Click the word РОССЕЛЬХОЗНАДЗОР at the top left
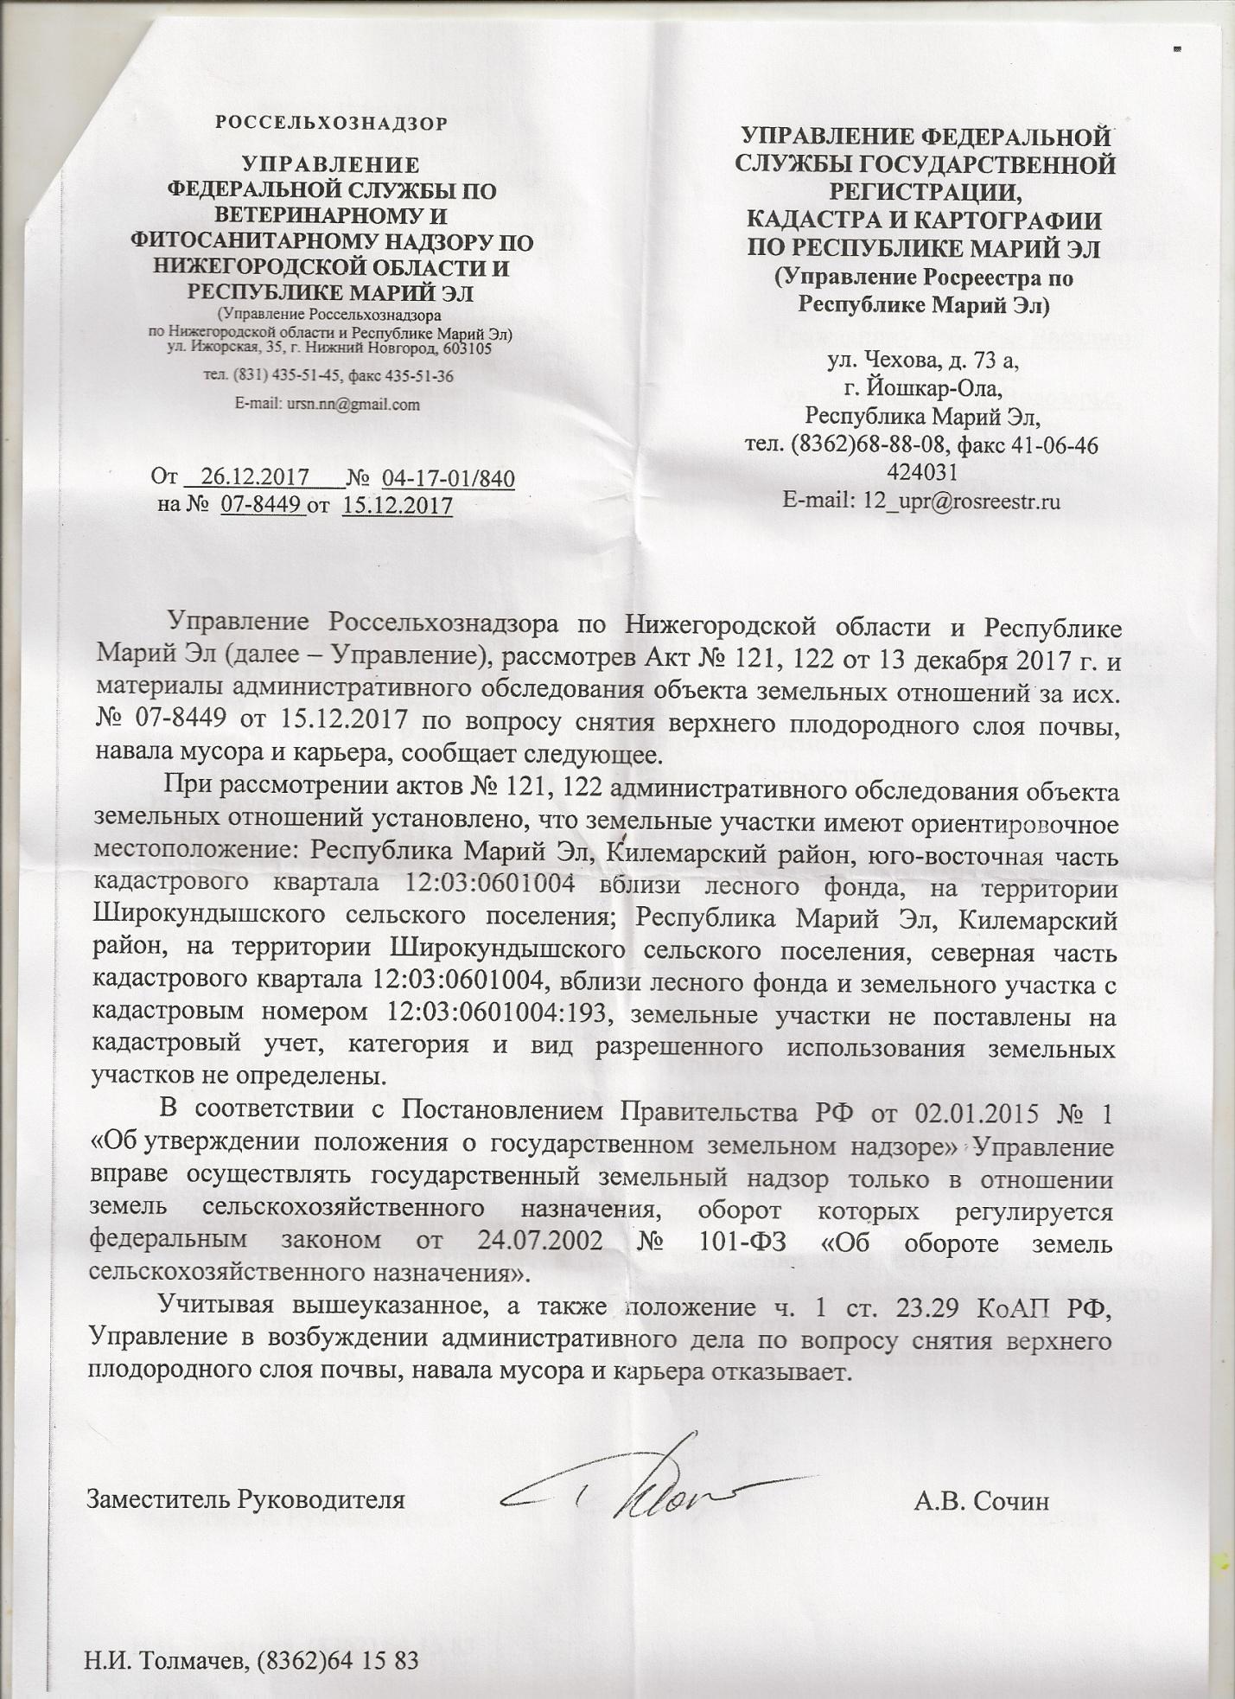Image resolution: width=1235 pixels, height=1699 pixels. [x=331, y=123]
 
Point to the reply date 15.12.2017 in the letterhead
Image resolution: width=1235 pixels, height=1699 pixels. [x=398, y=505]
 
